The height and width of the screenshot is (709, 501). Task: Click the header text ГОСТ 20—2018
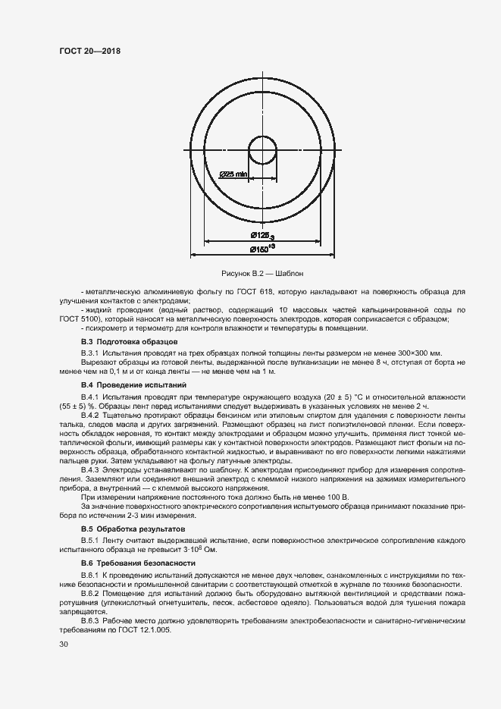[90, 51]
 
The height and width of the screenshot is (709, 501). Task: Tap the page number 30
[64, 645]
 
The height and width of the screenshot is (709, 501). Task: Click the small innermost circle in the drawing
[264, 147]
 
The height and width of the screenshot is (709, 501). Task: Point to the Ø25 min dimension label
[234, 174]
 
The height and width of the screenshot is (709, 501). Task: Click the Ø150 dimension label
[261, 249]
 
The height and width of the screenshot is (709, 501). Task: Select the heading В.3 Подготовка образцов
[129, 342]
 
